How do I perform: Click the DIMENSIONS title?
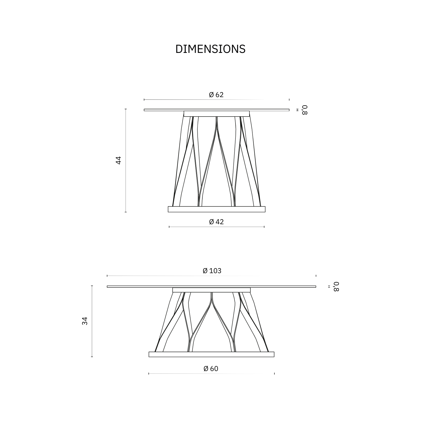click(210, 49)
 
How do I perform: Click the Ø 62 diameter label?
click(216, 95)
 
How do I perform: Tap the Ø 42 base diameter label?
click(216, 222)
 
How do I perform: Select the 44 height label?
click(118, 160)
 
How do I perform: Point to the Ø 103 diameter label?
click(212, 271)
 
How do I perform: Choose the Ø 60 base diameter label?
click(211, 369)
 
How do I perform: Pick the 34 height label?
click(85, 321)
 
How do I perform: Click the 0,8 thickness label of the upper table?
click(304, 110)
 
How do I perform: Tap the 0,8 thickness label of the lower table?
click(337, 286)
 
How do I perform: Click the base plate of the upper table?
click(217, 209)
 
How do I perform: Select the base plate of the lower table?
click(211, 354)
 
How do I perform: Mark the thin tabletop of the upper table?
click(217, 110)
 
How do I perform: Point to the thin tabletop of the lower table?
click(211, 287)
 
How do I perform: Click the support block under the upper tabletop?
click(217, 114)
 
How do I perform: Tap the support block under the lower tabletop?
click(211, 290)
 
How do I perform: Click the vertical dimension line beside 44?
click(126, 160)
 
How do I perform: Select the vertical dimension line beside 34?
click(92, 321)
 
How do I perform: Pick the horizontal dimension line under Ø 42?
click(217, 227)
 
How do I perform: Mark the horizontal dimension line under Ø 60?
click(211, 374)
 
